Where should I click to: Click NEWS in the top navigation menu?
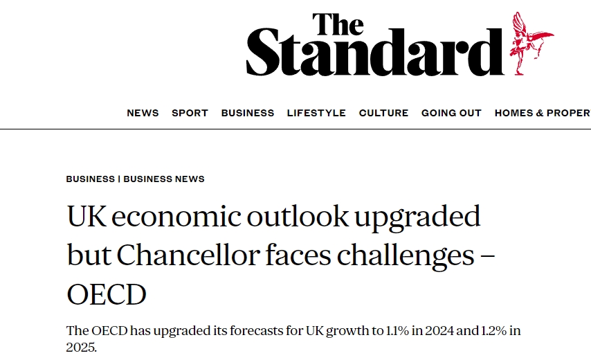pos(143,113)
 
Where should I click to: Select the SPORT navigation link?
pos(190,113)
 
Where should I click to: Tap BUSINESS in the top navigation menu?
pos(248,113)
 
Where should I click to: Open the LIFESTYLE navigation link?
pos(316,113)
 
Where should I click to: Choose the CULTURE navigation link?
pos(383,113)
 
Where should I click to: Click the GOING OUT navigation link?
pos(451,113)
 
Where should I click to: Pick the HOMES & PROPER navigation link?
pos(542,113)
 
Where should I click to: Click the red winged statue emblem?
pos(530,43)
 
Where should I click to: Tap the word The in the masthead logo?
pos(338,24)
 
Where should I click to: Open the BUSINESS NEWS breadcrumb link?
pos(164,179)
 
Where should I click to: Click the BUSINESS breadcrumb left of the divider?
pos(90,179)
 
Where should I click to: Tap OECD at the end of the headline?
pos(107,294)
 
